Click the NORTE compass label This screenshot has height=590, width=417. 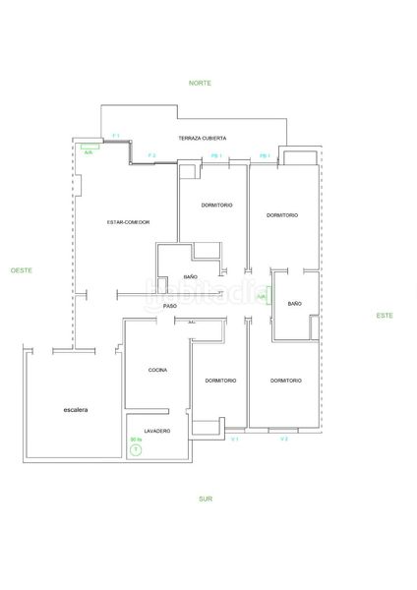click(x=201, y=84)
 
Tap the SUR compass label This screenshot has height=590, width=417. click(x=205, y=499)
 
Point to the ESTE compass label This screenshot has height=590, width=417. click(x=385, y=315)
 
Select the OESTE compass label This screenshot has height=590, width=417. click(x=22, y=268)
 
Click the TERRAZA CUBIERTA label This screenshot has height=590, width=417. click(x=201, y=138)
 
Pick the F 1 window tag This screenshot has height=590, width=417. click(x=116, y=134)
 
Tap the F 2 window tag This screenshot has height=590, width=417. click(x=151, y=155)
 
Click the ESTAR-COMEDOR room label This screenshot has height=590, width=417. click(x=128, y=222)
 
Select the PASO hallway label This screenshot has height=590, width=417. click(x=170, y=306)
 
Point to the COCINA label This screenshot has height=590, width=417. click(x=157, y=370)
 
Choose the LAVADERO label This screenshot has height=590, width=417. click(x=157, y=432)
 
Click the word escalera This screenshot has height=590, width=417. click(x=76, y=409)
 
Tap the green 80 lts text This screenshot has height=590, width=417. click(x=136, y=440)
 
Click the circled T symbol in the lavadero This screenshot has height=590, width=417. click(x=136, y=450)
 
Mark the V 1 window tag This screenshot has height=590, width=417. click(x=235, y=439)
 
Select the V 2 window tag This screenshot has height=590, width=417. click(x=283, y=439)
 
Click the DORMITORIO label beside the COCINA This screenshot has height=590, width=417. click(x=220, y=380)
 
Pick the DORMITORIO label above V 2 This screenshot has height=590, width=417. click(x=285, y=380)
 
